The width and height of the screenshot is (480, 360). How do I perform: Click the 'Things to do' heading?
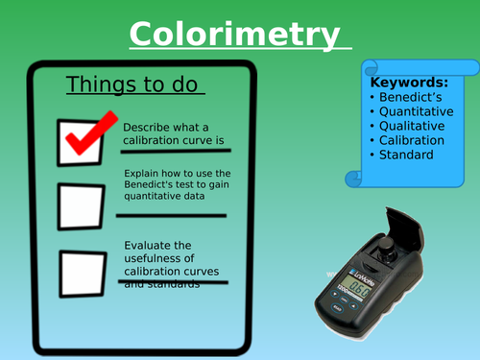[134, 85]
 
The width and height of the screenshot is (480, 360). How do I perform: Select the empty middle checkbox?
[82, 203]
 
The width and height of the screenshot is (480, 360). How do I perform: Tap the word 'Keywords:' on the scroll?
[407, 84]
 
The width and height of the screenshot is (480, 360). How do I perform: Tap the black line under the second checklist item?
[174, 216]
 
